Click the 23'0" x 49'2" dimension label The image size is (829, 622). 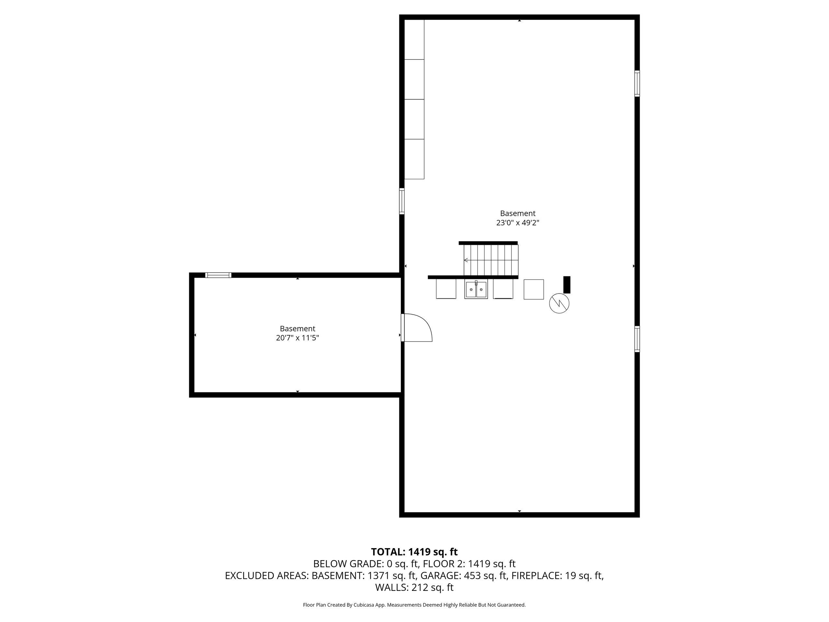pyautogui.click(x=517, y=223)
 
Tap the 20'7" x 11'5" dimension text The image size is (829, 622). pyautogui.click(x=297, y=338)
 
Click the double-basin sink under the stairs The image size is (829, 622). pyautogui.click(x=476, y=289)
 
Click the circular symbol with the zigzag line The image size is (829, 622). pyautogui.click(x=559, y=303)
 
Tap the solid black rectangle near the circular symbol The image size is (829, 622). pyautogui.click(x=567, y=284)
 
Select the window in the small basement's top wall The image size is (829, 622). pyautogui.click(x=218, y=275)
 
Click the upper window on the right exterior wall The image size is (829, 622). pyautogui.click(x=637, y=84)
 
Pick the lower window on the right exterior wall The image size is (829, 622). pyautogui.click(x=637, y=339)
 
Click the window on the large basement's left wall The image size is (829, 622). pyautogui.click(x=402, y=201)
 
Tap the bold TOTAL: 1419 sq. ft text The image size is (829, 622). pyautogui.click(x=414, y=552)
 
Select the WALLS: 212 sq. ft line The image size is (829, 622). pyautogui.click(x=414, y=588)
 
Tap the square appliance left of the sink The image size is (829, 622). pyautogui.click(x=446, y=289)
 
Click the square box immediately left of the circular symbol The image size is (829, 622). pyautogui.click(x=534, y=289)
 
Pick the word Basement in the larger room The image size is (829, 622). pyautogui.click(x=517, y=213)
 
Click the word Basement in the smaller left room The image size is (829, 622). pyautogui.click(x=297, y=329)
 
